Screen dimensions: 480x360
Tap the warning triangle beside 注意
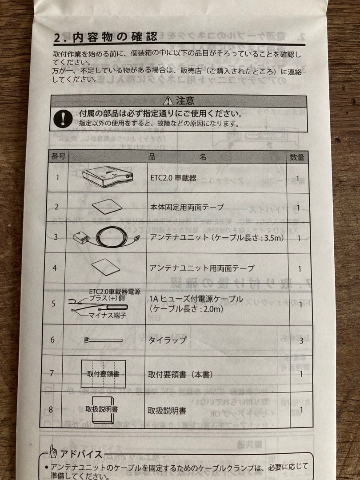(168, 101)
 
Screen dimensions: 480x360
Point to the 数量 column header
(297, 157)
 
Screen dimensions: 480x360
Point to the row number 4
(54, 268)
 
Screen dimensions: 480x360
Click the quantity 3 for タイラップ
(301, 340)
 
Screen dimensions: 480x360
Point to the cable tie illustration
(103, 340)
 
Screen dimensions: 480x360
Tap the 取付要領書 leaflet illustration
(103, 374)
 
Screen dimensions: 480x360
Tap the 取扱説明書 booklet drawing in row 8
(102, 409)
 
